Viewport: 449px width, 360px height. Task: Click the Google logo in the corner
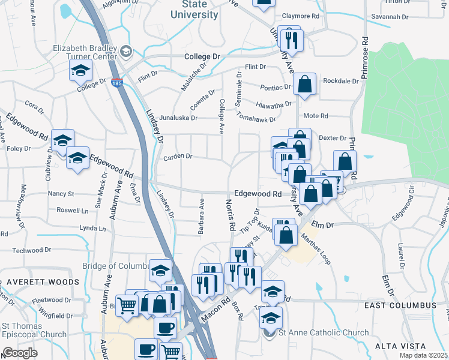(x=20, y=352)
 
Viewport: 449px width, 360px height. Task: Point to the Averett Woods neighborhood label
(x=43, y=281)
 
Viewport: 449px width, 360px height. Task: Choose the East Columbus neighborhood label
(x=400, y=305)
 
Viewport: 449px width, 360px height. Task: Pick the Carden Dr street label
(x=177, y=157)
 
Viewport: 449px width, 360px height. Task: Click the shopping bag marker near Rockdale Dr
(x=305, y=85)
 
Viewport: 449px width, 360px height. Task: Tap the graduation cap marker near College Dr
(x=80, y=71)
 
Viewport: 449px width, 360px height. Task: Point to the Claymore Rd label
(x=302, y=16)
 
